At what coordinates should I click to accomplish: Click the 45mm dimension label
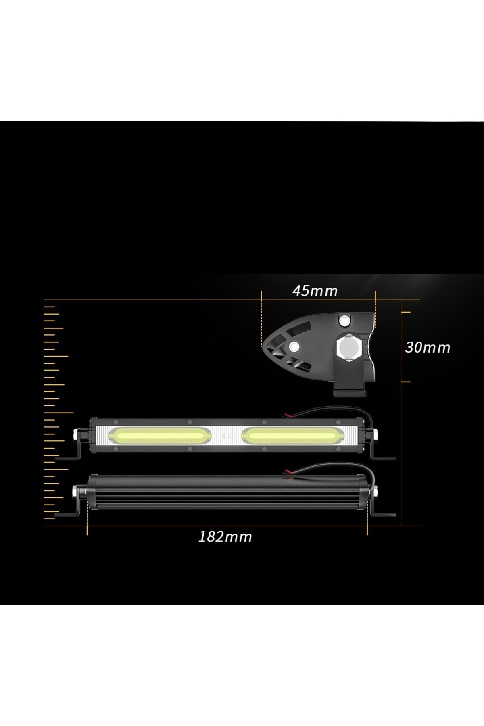coord(315,291)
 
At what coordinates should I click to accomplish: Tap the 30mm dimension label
coord(428,348)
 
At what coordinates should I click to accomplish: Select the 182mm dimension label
coord(225,536)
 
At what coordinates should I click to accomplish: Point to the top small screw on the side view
coord(344,321)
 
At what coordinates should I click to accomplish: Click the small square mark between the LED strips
coord(226,436)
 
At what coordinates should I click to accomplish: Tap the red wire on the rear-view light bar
coord(289,471)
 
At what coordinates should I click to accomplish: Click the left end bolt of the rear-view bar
coord(75,490)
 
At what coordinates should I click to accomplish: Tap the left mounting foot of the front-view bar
coord(69,457)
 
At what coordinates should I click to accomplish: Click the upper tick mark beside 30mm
coord(405,312)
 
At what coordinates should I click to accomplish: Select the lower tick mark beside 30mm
coord(405,382)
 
